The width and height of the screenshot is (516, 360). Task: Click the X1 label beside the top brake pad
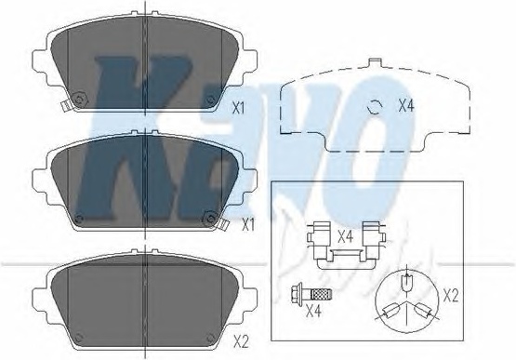239,108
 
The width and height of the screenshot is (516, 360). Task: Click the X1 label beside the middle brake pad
248,224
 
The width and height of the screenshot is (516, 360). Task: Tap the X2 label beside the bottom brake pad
241,342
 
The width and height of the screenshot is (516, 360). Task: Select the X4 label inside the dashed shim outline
406,105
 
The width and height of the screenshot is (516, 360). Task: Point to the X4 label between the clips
346,237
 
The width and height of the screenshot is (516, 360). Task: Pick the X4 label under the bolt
313,311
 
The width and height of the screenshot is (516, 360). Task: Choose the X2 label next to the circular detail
451,296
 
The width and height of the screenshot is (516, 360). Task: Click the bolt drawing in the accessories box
311,292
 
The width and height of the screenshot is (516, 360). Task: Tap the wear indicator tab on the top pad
65,105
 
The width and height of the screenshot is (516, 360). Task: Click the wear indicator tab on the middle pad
224,224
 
